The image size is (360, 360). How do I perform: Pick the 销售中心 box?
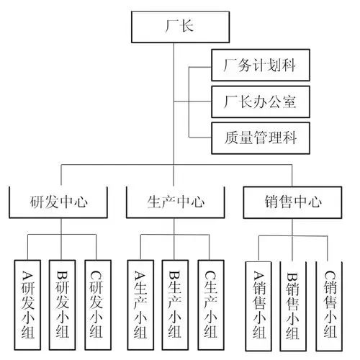291,202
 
